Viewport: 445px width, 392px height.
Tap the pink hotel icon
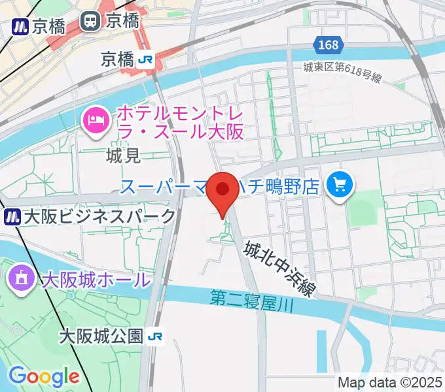point(96,121)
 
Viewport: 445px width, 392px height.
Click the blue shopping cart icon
point(340,186)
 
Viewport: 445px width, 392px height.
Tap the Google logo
point(44,376)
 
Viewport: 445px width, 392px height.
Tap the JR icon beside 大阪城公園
point(156,336)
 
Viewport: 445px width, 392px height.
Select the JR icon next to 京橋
point(145,60)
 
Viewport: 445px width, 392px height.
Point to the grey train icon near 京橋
point(90,22)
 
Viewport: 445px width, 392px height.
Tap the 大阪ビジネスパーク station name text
point(99,216)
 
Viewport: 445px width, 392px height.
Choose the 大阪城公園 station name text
point(100,336)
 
